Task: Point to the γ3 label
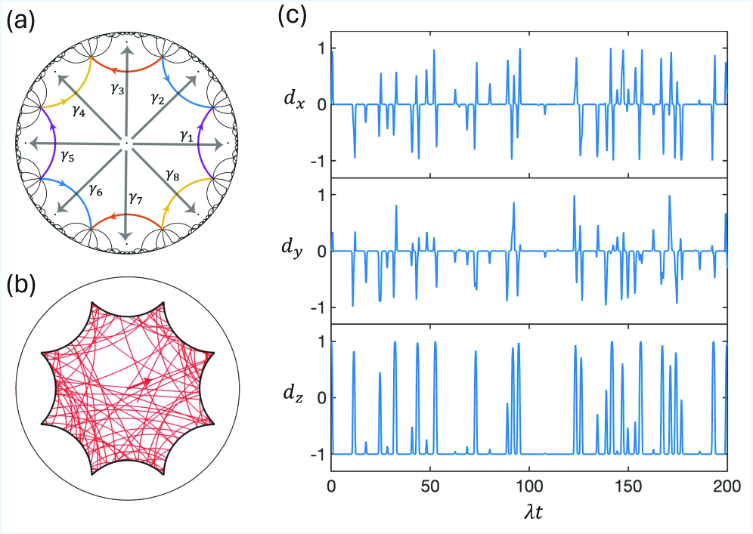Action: [116, 89]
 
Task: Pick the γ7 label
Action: [135, 199]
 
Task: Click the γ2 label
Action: [157, 98]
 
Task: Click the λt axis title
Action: [529, 513]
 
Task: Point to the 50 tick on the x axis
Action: [430, 486]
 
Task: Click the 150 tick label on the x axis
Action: [627, 486]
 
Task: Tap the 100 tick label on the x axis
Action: [529, 486]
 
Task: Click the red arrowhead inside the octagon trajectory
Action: [145, 383]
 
